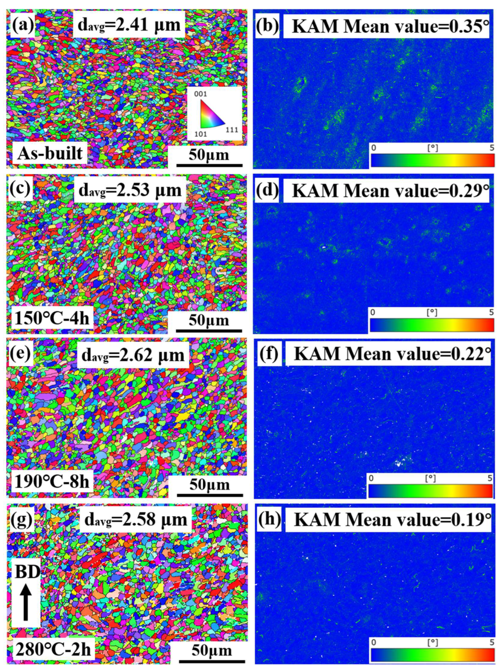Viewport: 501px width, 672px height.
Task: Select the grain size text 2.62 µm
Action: click(133, 355)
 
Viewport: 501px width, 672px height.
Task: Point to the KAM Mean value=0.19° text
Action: click(388, 520)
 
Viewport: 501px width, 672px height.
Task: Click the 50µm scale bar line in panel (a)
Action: click(209, 166)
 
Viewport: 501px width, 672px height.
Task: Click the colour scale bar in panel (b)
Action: click(432, 160)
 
